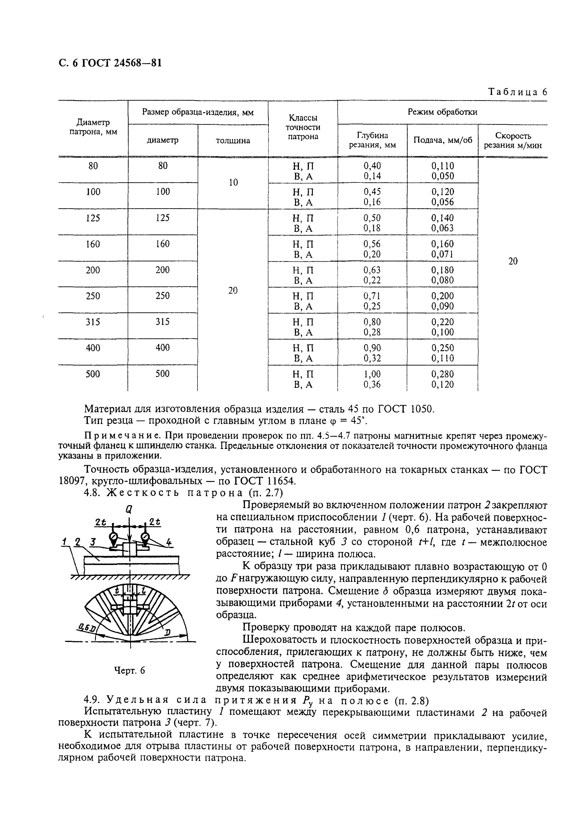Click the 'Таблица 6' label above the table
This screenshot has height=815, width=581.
tap(518, 92)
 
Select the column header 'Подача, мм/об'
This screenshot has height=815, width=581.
tap(443, 140)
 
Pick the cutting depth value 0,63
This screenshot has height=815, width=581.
tap(372, 270)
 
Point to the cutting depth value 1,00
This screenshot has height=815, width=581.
tap(372, 374)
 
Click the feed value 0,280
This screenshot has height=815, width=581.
tap(443, 374)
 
